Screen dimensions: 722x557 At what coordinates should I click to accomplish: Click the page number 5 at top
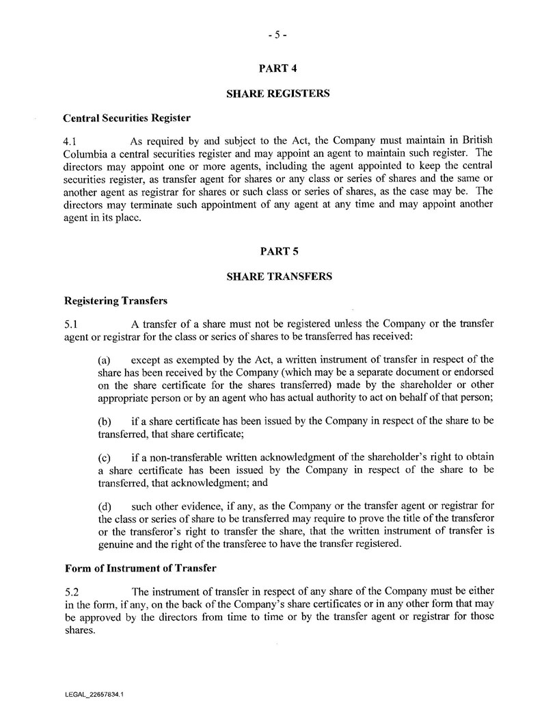(278, 36)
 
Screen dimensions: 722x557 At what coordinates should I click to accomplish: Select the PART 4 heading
(278, 68)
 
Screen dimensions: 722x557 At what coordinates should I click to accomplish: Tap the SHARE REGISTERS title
(278, 93)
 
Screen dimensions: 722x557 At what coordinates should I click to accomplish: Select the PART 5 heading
(278, 251)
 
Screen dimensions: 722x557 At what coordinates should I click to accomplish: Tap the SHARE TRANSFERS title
(278, 276)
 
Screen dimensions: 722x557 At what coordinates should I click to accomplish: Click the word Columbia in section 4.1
(85, 153)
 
